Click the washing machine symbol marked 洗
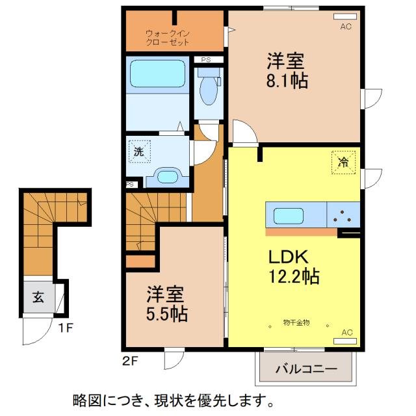[x=138, y=151]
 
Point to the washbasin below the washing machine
[x=168, y=176]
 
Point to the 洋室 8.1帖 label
[x=287, y=71]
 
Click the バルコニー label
[x=306, y=369]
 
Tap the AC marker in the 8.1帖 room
[x=346, y=27]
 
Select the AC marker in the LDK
[x=347, y=332]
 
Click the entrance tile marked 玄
[x=38, y=298]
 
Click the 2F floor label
[x=129, y=359]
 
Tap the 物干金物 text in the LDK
[x=296, y=322]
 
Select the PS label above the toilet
[x=206, y=60]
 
